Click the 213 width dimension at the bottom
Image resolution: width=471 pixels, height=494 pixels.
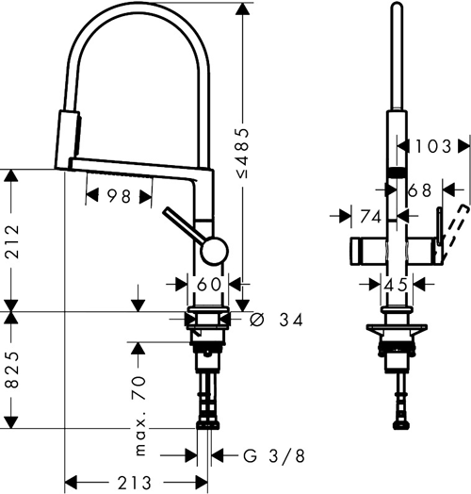pyautogui.click(x=134, y=482)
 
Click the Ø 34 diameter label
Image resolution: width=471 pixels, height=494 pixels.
pyautogui.click(x=279, y=321)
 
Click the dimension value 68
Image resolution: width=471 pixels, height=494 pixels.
pyautogui.click(x=420, y=190)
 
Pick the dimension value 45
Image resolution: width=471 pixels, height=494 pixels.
pyautogui.click(x=397, y=284)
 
